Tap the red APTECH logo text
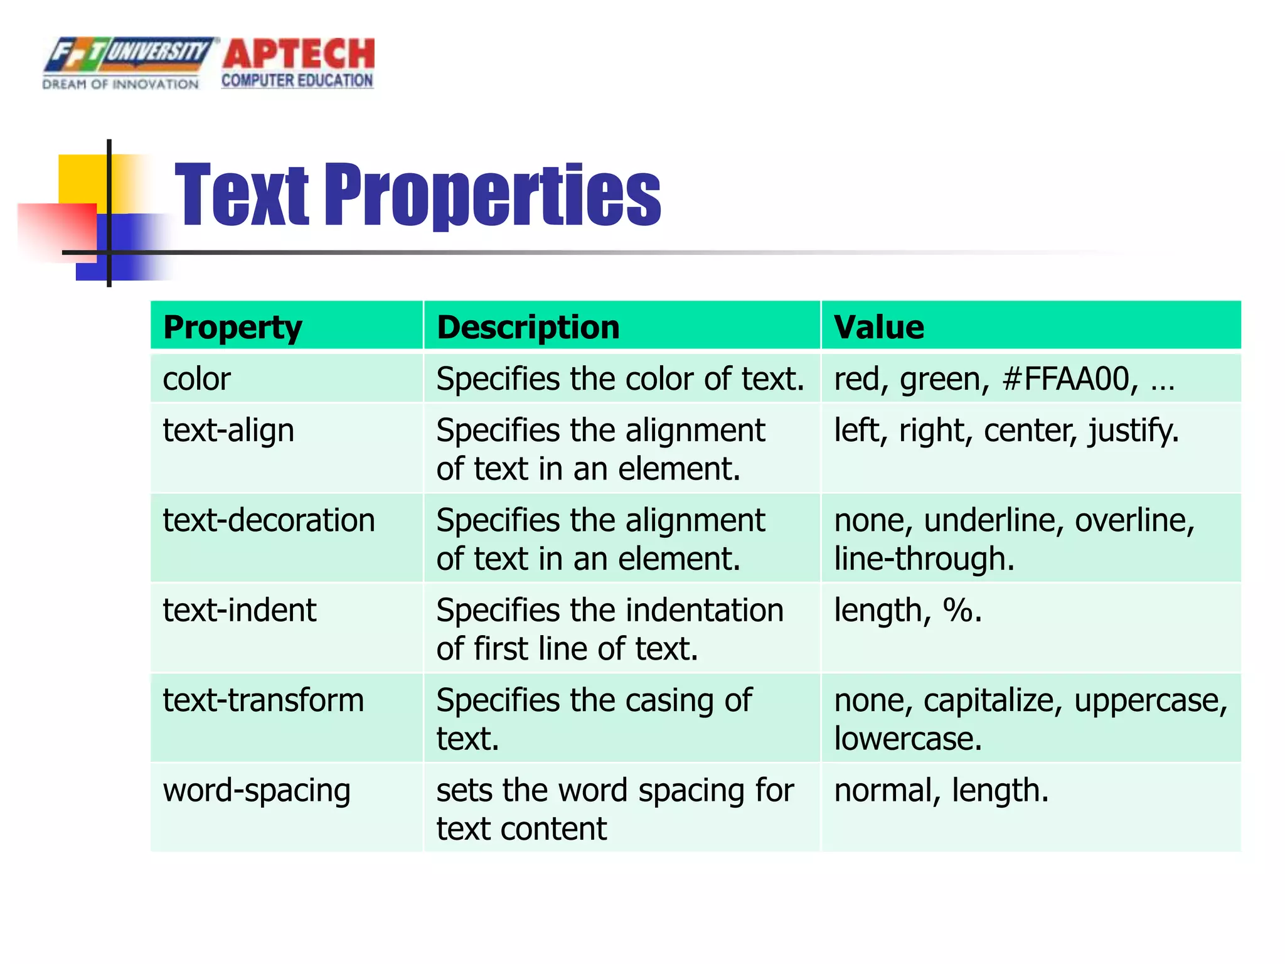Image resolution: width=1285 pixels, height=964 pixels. (x=299, y=54)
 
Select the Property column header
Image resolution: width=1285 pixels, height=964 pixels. (x=232, y=327)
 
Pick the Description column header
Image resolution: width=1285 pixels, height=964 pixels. (x=528, y=327)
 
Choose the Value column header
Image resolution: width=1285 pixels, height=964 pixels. (x=878, y=327)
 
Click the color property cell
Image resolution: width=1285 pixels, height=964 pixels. (x=196, y=379)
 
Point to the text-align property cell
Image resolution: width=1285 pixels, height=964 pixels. (x=228, y=431)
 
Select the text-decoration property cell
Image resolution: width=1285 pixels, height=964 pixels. (x=269, y=520)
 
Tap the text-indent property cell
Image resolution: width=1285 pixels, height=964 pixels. (x=239, y=610)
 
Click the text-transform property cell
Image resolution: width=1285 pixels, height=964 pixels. (x=263, y=700)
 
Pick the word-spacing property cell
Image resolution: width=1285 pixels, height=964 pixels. (x=256, y=790)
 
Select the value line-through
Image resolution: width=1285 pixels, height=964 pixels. (x=923, y=559)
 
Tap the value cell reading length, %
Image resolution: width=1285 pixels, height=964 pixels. (x=907, y=610)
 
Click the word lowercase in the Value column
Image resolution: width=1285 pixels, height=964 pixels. (x=907, y=739)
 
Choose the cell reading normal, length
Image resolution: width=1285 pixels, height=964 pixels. (x=941, y=790)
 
